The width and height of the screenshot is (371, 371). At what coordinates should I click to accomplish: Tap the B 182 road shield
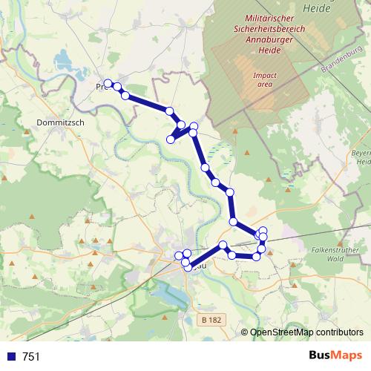click(x=211, y=320)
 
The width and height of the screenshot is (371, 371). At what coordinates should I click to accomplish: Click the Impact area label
click(x=263, y=80)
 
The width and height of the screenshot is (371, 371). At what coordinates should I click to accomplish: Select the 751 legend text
click(x=31, y=357)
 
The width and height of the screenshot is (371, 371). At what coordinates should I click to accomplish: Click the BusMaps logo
click(x=332, y=356)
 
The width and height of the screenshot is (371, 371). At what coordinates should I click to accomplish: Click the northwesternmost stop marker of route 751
click(x=108, y=83)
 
